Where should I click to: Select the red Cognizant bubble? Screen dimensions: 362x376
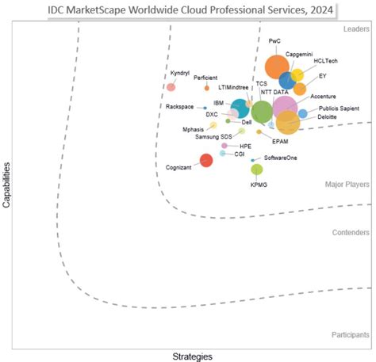coord(206,160)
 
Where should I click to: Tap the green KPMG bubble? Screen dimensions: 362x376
coord(256,169)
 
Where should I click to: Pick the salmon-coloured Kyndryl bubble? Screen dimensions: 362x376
coord(171,86)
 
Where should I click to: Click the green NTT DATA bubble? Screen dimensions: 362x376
coord(261,111)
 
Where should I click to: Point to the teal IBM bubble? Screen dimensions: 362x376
coord(240,109)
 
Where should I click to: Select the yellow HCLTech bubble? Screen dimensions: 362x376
coord(297,75)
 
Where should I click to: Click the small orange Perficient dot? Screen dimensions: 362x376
coord(206,88)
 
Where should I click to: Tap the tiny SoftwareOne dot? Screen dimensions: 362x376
coord(253,160)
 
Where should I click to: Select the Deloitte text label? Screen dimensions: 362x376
coord(326,117)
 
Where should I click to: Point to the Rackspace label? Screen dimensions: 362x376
coord(182,107)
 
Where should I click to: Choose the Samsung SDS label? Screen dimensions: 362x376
coord(213,137)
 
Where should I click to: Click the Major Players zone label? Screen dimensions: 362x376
coord(347,184)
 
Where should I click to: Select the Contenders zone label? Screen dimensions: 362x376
coord(351,233)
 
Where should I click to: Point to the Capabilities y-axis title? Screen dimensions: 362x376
coord(7,185)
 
